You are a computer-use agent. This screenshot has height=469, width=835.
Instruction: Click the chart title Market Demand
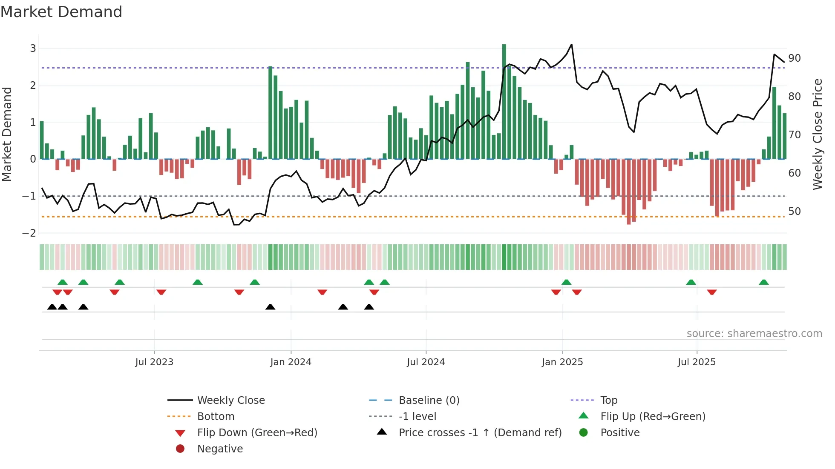(x=61, y=12)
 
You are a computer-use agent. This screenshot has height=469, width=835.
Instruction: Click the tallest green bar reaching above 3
(x=504, y=85)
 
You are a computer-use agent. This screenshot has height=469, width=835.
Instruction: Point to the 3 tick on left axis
(x=33, y=49)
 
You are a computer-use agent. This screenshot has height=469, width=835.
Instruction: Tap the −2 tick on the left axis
(x=29, y=233)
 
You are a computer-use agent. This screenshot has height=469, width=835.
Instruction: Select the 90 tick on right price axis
(x=794, y=58)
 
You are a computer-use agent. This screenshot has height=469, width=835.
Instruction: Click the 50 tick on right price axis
(x=794, y=212)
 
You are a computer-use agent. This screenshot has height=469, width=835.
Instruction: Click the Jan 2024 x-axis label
(x=291, y=362)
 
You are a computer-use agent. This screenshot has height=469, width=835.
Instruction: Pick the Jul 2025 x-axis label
(x=697, y=362)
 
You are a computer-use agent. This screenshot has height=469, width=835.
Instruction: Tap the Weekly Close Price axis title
(x=817, y=134)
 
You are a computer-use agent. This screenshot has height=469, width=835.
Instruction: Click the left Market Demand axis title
(x=7, y=134)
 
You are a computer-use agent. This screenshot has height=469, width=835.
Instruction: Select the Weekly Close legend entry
(x=230, y=400)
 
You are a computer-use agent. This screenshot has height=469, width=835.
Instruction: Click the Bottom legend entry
(x=216, y=417)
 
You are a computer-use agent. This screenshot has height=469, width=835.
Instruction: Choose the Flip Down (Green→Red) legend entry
(x=257, y=433)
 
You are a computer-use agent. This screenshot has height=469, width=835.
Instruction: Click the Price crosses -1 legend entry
(x=480, y=433)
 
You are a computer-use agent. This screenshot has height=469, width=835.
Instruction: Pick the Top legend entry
(x=608, y=400)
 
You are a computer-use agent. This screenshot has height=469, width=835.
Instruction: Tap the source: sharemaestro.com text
(x=754, y=334)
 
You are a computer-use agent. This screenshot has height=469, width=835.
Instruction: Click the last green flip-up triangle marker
(x=763, y=282)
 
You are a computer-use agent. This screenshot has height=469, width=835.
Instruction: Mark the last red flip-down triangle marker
(x=711, y=292)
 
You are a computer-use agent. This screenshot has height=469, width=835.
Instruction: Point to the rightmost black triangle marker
(x=369, y=307)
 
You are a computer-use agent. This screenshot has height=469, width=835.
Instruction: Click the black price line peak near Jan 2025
(x=571, y=45)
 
